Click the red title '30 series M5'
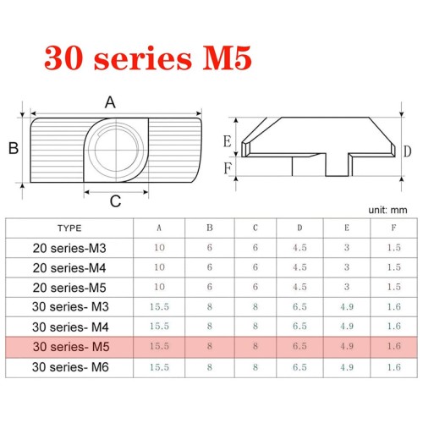click(x=148, y=58)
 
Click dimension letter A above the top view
click(x=110, y=102)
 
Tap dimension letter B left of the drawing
click(x=14, y=148)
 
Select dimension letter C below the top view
click(x=115, y=201)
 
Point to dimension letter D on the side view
click(x=407, y=151)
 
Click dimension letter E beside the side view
click(x=228, y=141)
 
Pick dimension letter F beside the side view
click(x=228, y=168)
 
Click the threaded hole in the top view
click(x=116, y=150)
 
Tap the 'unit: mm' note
click(x=387, y=210)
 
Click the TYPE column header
click(x=69, y=228)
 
